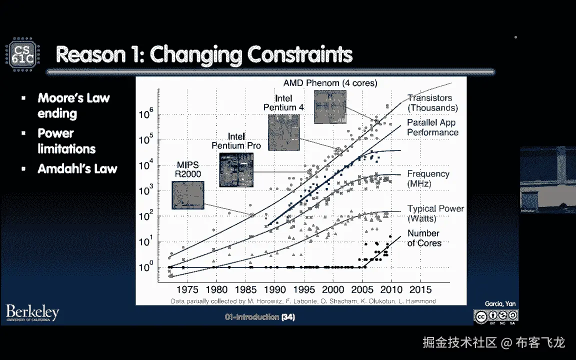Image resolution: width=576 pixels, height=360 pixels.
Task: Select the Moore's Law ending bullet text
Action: (x=73, y=105)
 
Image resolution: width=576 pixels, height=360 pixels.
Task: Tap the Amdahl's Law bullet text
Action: (x=77, y=168)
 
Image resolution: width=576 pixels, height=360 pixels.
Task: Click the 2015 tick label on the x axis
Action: (x=420, y=289)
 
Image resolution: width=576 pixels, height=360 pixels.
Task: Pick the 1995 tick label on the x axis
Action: (x=303, y=289)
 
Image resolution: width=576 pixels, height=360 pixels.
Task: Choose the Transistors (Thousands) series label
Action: (x=432, y=103)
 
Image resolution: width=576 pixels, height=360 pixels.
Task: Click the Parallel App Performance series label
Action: (x=432, y=127)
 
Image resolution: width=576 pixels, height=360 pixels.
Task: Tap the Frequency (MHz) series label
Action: (x=428, y=178)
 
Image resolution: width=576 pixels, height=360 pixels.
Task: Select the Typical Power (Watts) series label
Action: (x=435, y=213)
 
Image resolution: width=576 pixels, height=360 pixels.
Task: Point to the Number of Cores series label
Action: (x=424, y=238)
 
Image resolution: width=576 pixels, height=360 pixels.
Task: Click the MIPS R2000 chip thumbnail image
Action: (x=188, y=195)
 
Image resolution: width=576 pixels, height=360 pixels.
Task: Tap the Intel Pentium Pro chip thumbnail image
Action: (x=236, y=170)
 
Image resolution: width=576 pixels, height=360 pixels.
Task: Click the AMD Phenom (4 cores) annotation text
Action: (x=330, y=83)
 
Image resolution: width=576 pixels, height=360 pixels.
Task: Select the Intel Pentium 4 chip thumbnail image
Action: (x=283, y=132)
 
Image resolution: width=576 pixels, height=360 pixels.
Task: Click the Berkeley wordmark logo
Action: (x=32, y=313)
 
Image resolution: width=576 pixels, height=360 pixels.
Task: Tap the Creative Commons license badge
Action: (x=496, y=316)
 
